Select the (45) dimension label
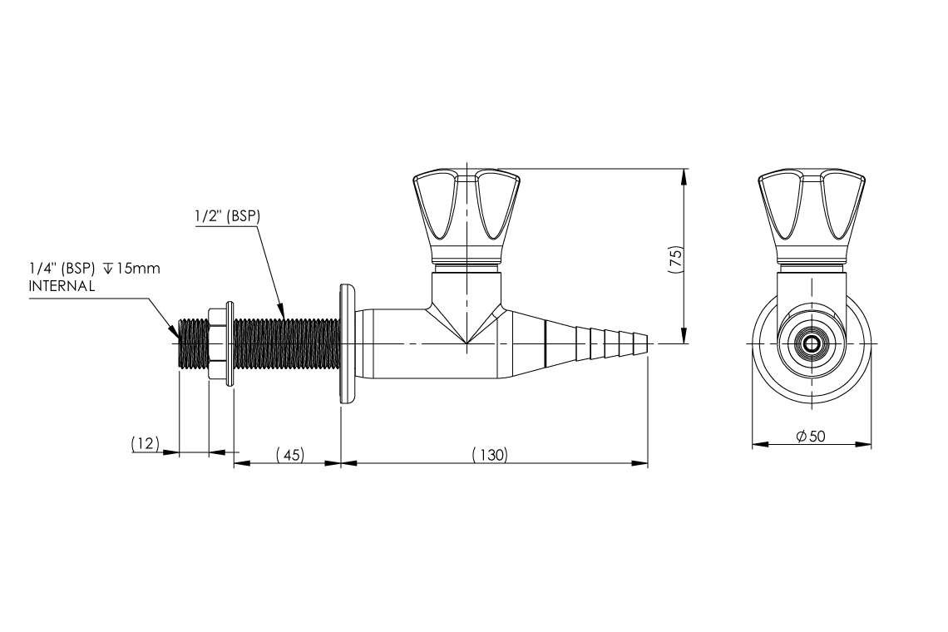[289, 455]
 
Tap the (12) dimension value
[145, 445]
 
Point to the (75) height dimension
[675, 257]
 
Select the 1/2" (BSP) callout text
[227, 215]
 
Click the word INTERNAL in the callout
[62, 284]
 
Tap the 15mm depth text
[138, 269]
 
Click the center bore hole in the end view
[812, 343]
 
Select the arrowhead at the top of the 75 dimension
[684, 175]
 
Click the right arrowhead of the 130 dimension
[641, 463]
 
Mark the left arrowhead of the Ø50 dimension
[758, 445]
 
